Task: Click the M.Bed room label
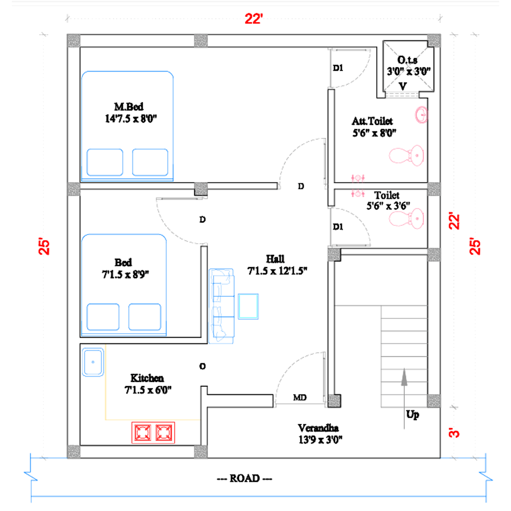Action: click(129, 107)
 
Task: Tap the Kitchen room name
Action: click(147, 378)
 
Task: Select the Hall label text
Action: click(275, 259)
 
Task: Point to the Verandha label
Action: click(318, 428)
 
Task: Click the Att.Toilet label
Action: click(372, 121)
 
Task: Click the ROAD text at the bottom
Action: click(245, 478)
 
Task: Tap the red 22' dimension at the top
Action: click(254, 19)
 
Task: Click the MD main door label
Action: click(299, 398)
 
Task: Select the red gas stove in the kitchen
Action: click(153, 433)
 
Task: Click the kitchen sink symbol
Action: click(93, 362)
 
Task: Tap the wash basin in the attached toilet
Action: click(422, 114)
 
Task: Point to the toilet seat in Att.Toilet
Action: click(406, 155)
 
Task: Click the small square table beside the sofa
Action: click(248, 306)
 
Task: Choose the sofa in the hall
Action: click(222, 306)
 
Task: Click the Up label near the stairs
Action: click(412, 414)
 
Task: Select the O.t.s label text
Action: click(407, 60)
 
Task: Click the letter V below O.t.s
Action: click(403, 86)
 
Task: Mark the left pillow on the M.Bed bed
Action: click(105, 162)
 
